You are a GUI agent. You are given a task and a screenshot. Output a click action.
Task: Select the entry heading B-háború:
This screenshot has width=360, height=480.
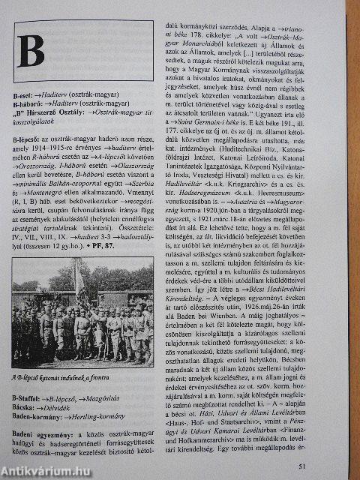[30, 106]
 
